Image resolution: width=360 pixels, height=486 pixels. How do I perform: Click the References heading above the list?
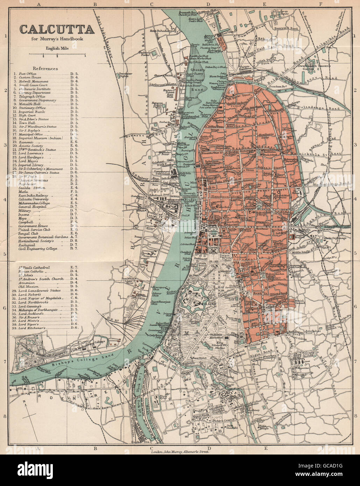[45, 69]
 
